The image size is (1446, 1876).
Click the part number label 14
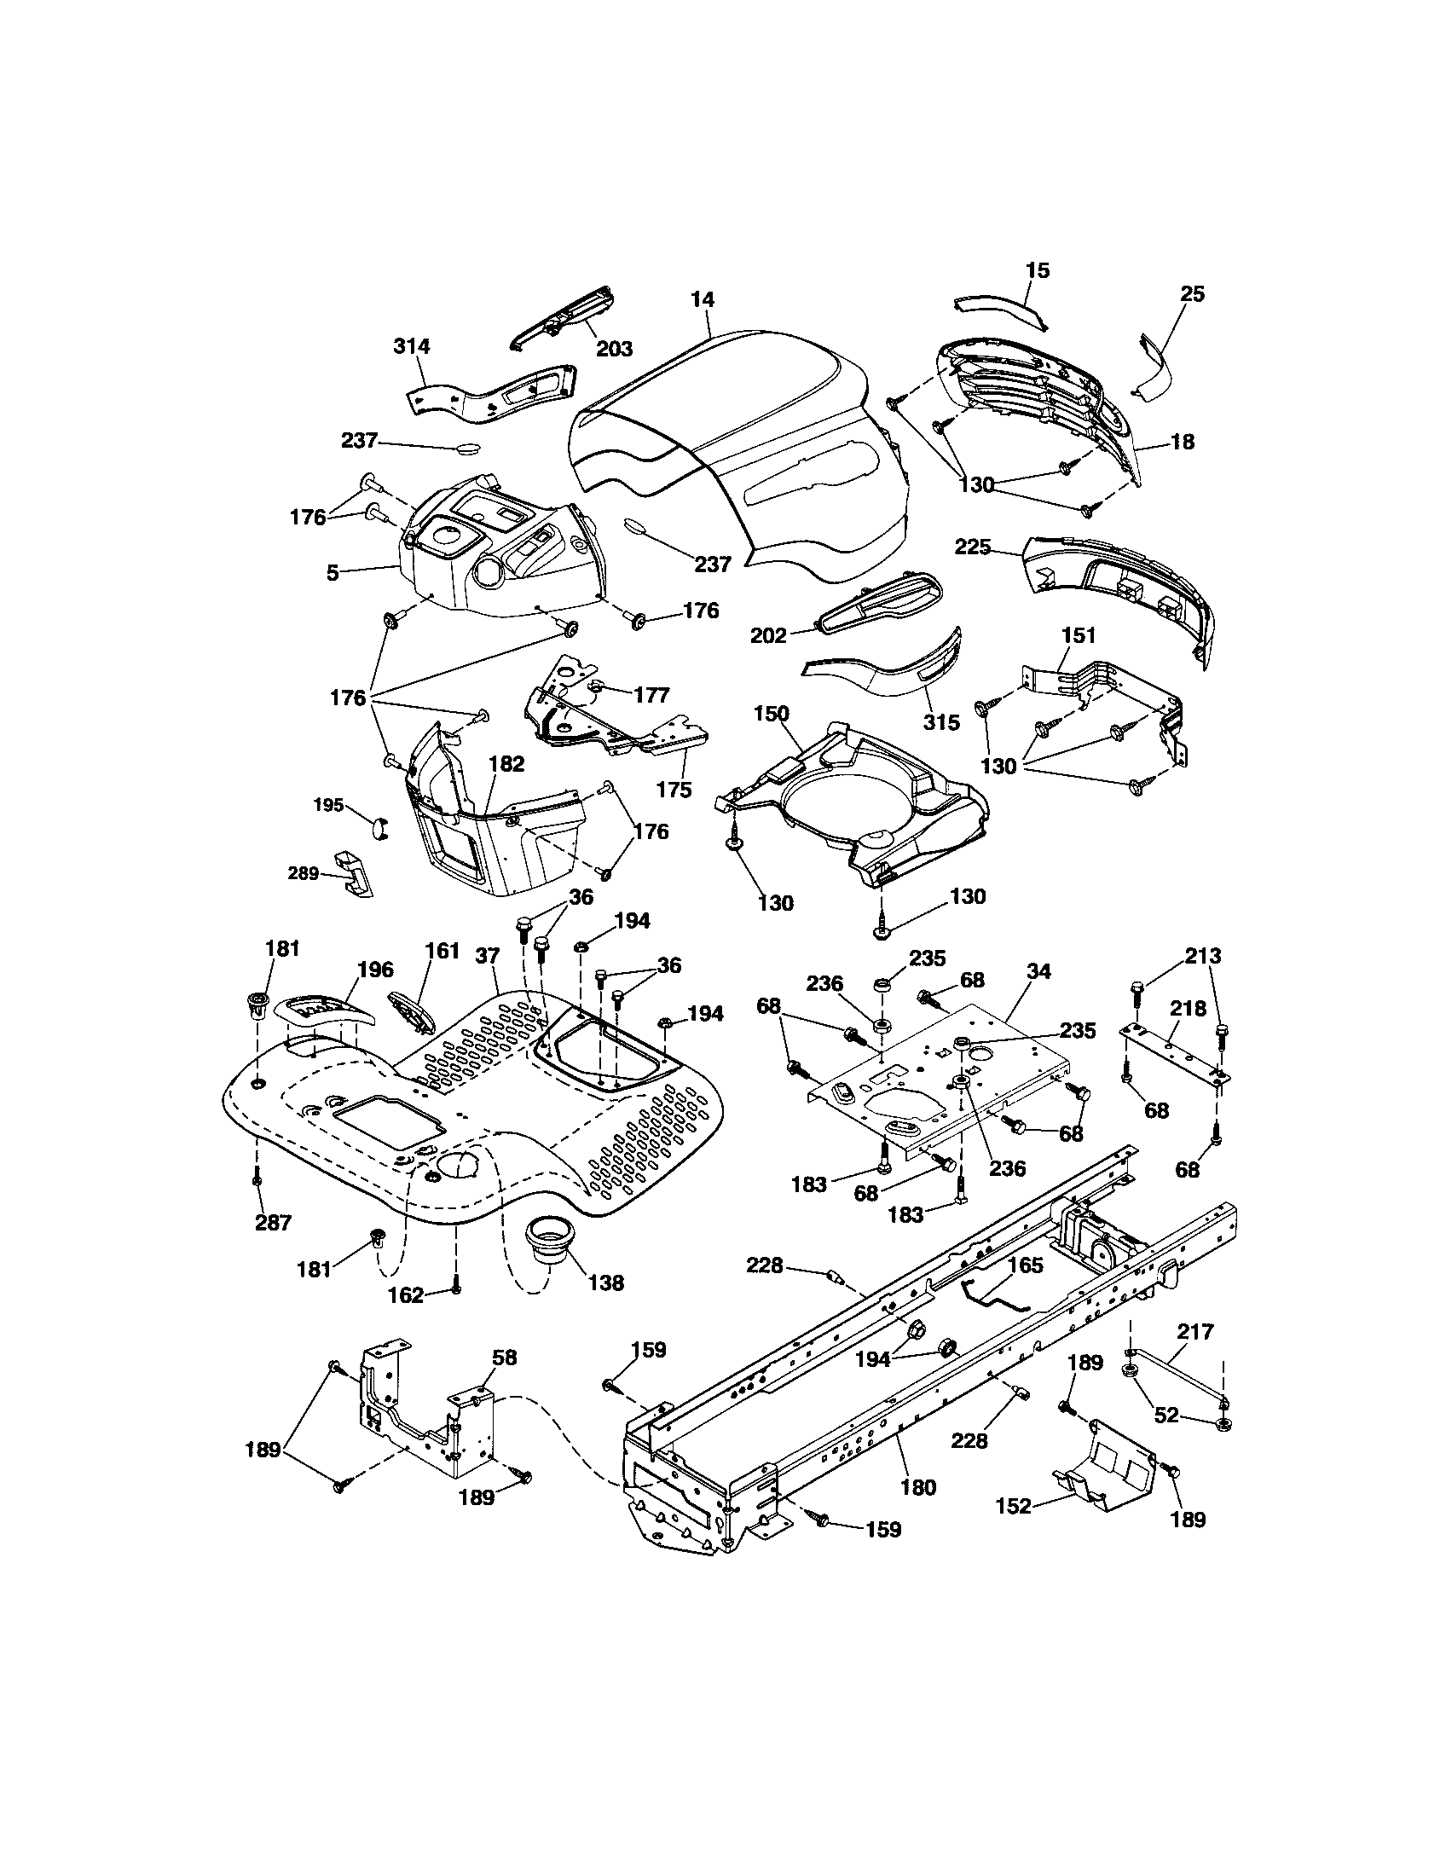pos(702,300)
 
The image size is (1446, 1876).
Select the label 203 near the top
pos(614,348)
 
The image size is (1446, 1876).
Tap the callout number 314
pos(412,346)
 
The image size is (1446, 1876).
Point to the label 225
pos(973,547)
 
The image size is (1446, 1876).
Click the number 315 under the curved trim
pos(941,722)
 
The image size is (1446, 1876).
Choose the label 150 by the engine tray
pos(771,714)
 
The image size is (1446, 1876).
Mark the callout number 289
pos(303,872)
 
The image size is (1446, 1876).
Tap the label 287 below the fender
pos(273,1222)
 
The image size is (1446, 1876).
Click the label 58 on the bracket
pos(504,1358)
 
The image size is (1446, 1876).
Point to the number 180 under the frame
pos(918,1487)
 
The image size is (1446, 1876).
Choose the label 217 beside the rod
pos(1195,1332)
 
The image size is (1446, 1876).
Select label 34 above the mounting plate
pos(1038,971)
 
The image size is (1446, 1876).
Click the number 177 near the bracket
pos(651,694)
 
